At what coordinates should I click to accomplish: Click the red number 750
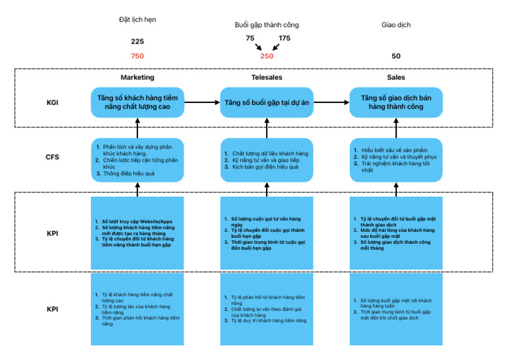(137, 56)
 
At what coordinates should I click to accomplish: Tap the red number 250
(266, 56)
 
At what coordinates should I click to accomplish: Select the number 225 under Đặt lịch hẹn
(137, 42)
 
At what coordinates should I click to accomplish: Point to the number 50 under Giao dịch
(395, 56)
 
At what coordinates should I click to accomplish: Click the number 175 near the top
(284, 38)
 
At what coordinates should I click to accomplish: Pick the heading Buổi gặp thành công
(266, 25)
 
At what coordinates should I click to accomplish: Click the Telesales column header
(266, 77)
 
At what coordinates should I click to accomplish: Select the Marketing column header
(137, 77)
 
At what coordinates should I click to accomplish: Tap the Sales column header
(396, 77)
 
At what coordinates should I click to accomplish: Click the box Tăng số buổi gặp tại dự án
(267, 103)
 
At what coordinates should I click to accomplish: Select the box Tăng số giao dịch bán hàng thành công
(396, 103)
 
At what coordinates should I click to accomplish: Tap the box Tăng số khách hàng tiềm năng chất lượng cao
(137, 103)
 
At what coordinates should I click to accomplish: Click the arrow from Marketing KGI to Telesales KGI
(202, 103)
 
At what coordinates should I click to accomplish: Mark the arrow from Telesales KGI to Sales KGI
(331, 103)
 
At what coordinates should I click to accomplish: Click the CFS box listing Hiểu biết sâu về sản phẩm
(396, 160)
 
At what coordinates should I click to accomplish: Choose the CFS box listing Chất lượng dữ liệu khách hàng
(267, 160)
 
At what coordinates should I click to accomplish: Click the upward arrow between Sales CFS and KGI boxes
(396, 128)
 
